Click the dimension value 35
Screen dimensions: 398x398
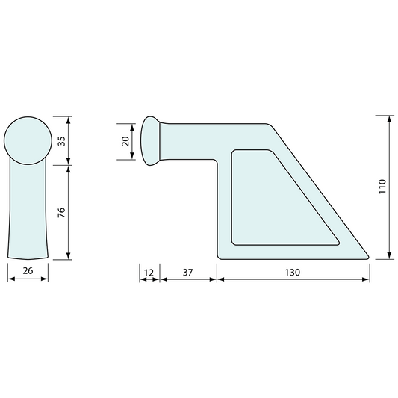(x=61, y=140)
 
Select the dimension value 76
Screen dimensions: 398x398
(x=61, y=213)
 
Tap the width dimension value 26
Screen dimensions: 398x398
(x=28, y=271)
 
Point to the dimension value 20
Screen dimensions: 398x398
(x=125, y=140)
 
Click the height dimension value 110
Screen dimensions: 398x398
(x=382, y=187)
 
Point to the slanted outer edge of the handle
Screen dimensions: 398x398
(x=321, y=190)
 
